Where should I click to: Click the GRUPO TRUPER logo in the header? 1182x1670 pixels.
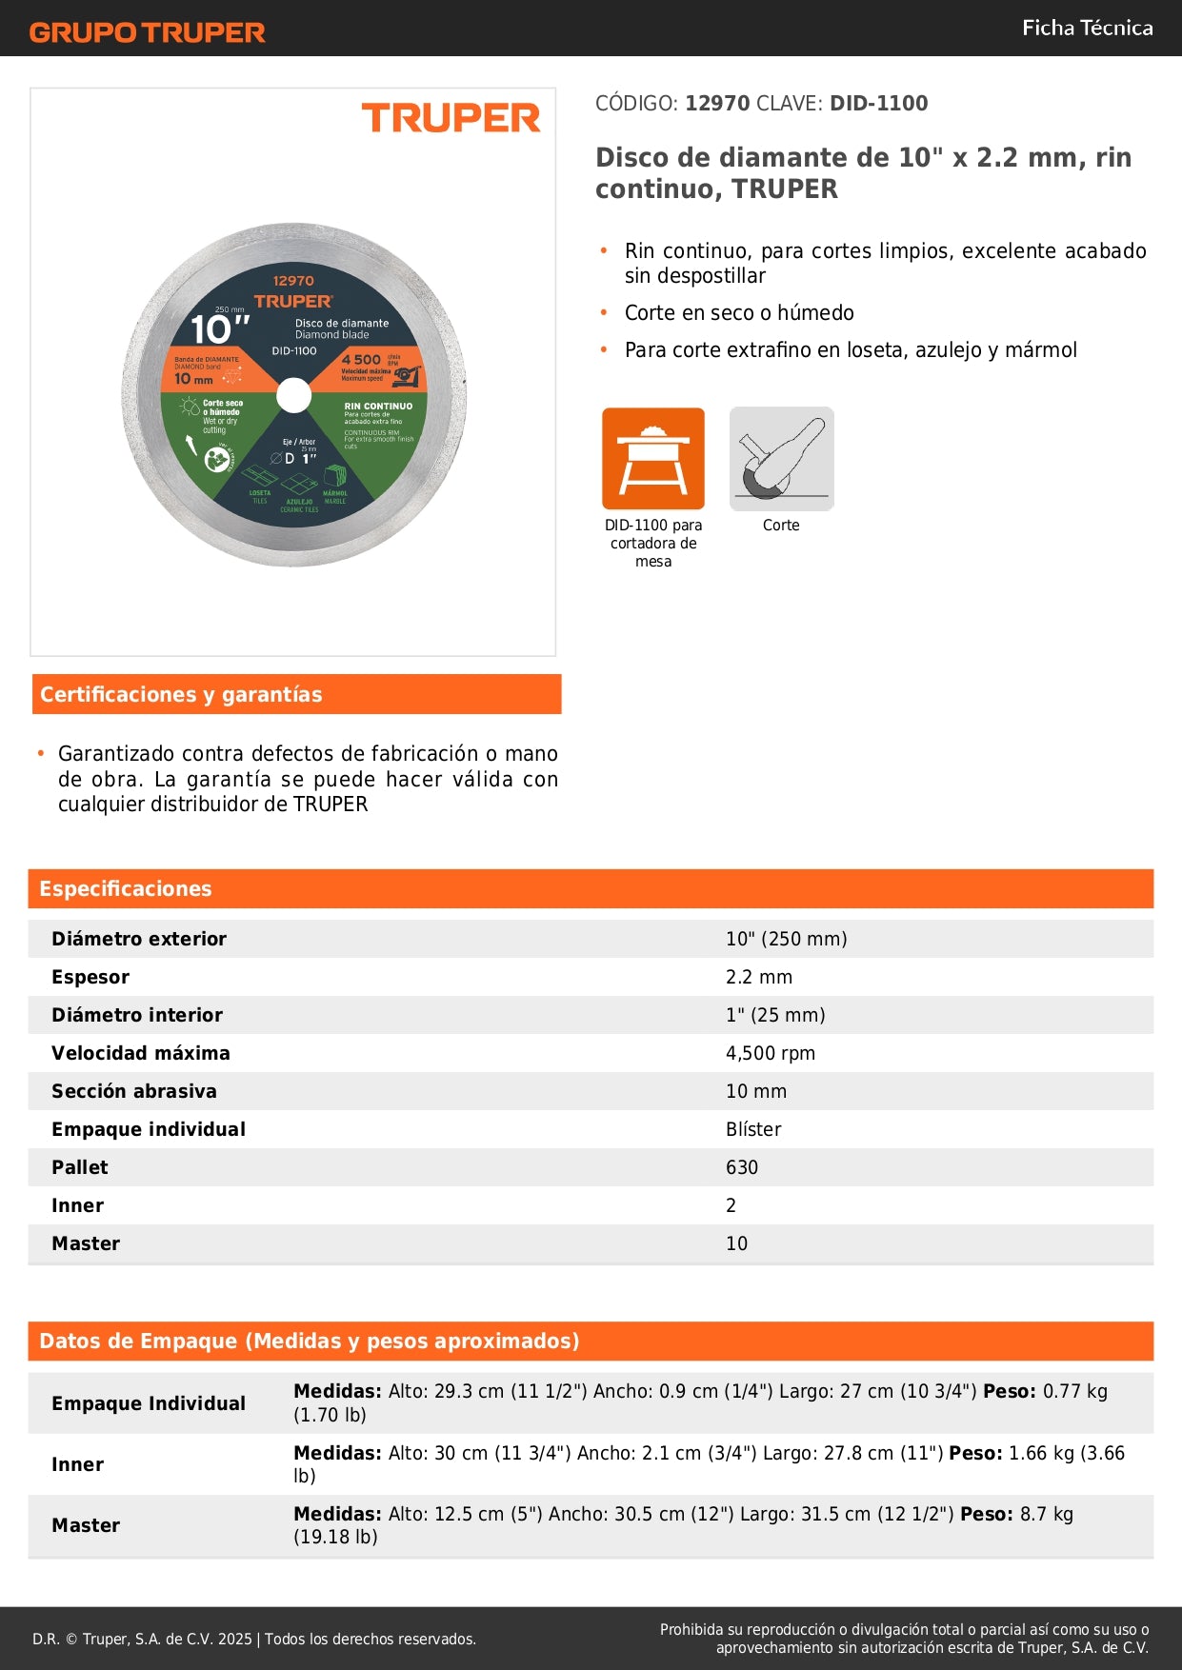[x=147, y=32]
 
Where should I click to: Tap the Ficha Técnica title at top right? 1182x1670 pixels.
[x=1087, y=29]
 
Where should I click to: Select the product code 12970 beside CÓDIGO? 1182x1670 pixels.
[x=717, y=104]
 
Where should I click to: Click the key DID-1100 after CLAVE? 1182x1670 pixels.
[x=878, y=104]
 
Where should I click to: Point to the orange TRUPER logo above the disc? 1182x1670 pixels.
[x=451, y=118]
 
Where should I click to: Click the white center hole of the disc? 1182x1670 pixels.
[x=294, y=395]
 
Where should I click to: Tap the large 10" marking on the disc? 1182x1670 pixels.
[x=219, y=330]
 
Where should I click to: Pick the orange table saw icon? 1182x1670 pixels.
[x=653, y=459]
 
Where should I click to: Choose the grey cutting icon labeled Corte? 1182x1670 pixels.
[x=781, y=459]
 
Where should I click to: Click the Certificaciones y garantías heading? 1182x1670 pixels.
[x=181, y=695]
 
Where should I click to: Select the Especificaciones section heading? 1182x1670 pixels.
[x=126, y=889]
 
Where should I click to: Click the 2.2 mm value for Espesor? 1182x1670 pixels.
[x=759, y=978]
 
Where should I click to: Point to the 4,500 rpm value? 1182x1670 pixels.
[x=771, y=1054]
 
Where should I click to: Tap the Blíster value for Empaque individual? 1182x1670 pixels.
[x=753, y=1130]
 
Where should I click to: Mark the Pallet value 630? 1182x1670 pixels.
[x=742, y=1168]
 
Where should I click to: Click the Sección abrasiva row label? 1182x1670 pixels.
[x=134, y=1092]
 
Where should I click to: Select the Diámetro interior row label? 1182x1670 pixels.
[x=137, y=1016]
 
